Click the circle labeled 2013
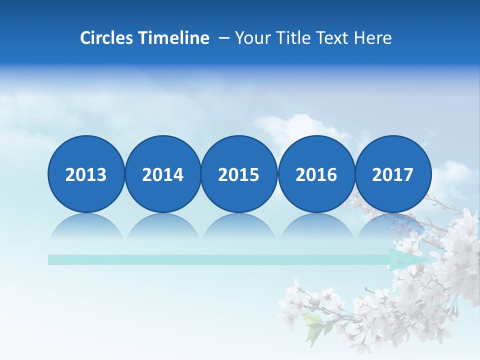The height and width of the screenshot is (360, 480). coord(86,174)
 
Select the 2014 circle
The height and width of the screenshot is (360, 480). coord(163,174)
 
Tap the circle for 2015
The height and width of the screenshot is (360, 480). coord(239,174)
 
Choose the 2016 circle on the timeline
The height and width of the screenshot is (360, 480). coord(316,174)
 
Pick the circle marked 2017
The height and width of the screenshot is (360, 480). coord(393,174)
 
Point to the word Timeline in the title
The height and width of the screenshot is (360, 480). coord(174,38)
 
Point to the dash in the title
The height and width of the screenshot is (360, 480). coord(224,38)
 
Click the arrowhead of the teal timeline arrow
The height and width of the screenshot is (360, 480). coord(407,260)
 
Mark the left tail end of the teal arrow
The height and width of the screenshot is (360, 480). coord(50,260)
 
